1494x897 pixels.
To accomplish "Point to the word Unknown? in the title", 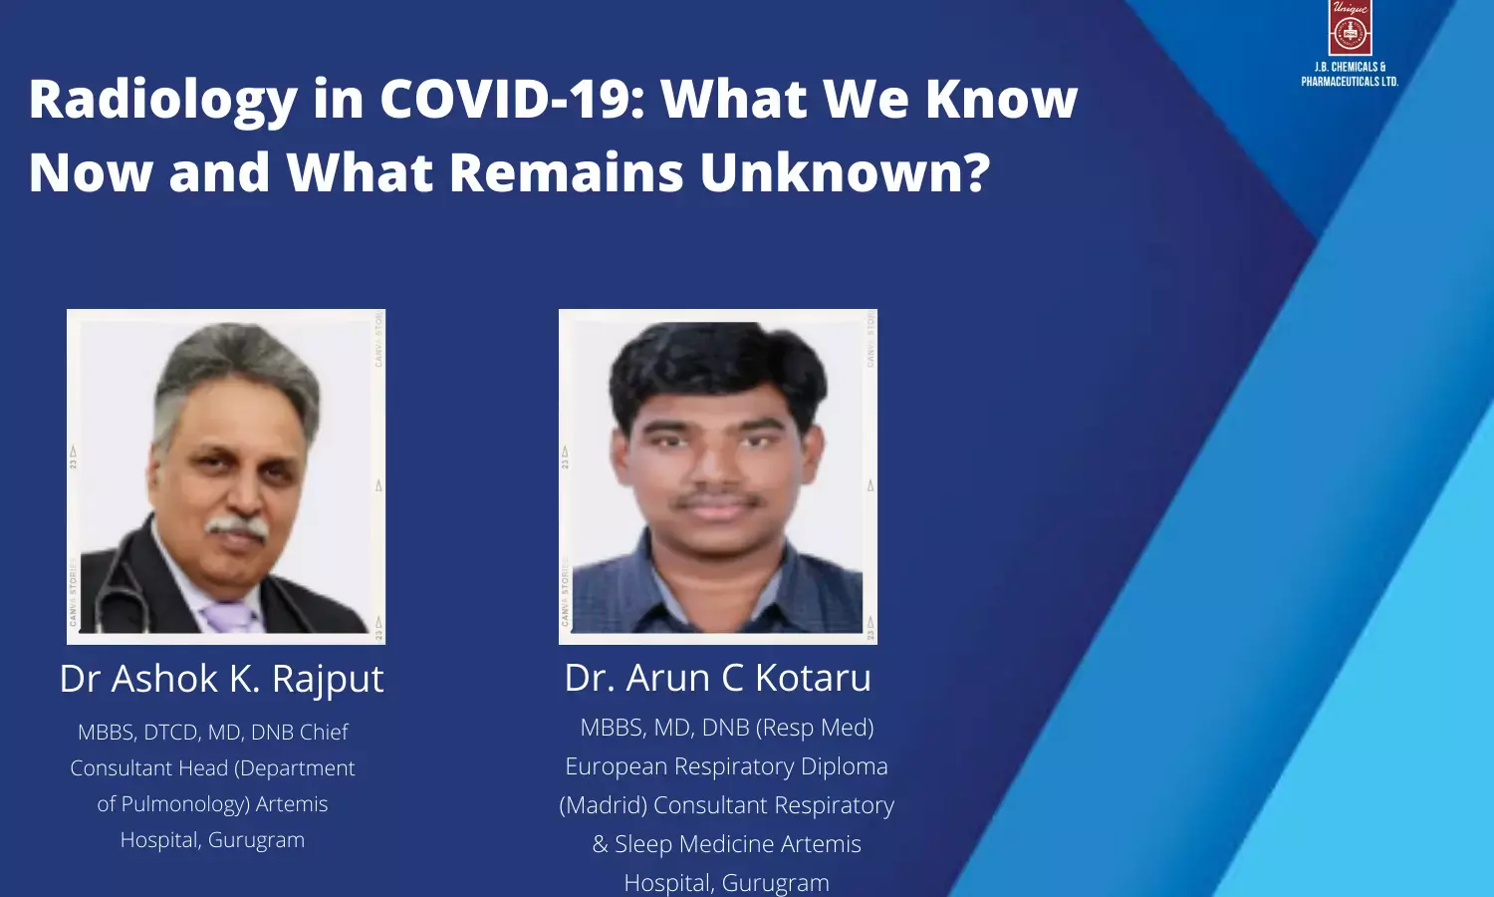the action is [x=845, y=172].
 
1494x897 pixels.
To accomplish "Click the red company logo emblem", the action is [x=1350, y=27].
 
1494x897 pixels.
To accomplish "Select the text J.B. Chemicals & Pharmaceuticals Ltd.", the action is [x=1350, y=74].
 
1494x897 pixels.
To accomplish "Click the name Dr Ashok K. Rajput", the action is [x=221, y=680].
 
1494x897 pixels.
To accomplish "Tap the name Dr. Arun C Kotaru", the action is [x=718, y=678].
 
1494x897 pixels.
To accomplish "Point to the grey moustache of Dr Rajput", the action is [x=237, y=526].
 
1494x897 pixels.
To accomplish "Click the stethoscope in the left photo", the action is [x=117, y=587].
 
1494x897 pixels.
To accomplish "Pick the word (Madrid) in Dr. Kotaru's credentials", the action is [x=603, y=805].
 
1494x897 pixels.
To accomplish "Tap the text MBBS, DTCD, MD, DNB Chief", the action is [x=213, y=733].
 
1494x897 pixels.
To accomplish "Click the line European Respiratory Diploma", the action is [x=726, y=766].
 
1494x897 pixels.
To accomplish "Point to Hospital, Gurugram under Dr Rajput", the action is [x=212, y=839].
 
